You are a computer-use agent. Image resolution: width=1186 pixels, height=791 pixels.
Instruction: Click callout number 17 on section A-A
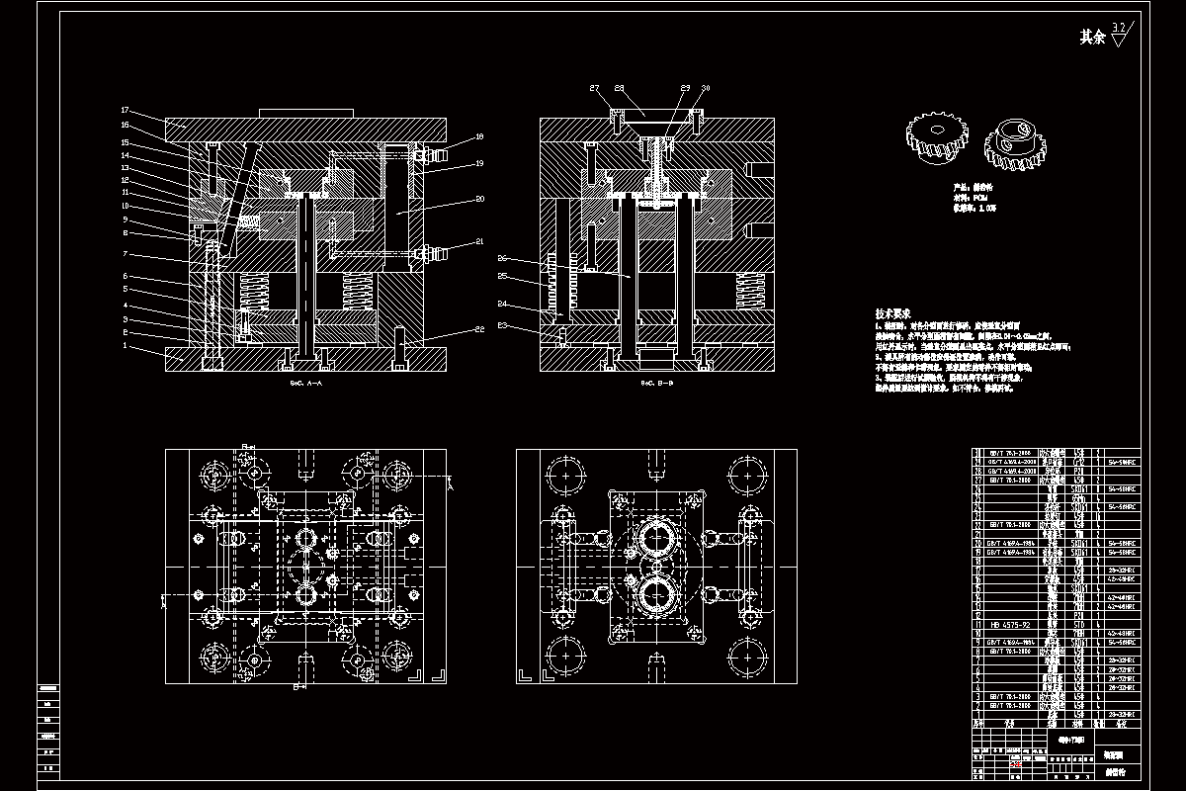tap(126, 110)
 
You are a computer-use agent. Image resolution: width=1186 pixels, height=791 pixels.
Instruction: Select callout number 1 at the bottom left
tap(126, 346)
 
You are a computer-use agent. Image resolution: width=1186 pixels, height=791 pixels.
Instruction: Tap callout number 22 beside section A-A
tap(478, 328)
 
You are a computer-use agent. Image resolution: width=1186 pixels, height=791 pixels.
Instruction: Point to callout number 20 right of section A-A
tap(479, 198)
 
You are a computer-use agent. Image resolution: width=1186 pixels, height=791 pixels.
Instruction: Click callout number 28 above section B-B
tap(620, 88)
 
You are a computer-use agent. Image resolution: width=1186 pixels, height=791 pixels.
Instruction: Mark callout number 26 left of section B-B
tap(502, 258)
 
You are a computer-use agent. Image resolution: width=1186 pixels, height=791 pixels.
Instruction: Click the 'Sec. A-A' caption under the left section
tap(306, 382)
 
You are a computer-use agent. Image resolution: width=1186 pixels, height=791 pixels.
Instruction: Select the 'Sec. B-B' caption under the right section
tap(656, 382)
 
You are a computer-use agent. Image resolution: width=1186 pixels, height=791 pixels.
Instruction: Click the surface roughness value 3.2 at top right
tap(1118, 27)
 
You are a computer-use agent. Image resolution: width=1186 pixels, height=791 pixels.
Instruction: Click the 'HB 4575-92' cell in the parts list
tap(1009, 625)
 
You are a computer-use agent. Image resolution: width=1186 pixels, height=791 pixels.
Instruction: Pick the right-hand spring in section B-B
tap(748, 292)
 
